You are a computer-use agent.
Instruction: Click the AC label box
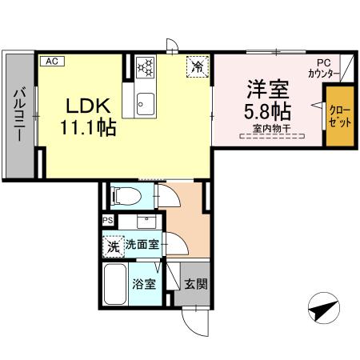coord(50,61)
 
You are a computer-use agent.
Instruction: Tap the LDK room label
coord(83,106)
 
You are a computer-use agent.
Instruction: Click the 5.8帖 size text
coord(266,110)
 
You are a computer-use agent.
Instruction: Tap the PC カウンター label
coord(323,69)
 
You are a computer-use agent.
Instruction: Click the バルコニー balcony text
coord(18,117)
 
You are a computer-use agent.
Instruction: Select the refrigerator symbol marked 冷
coord(196,66)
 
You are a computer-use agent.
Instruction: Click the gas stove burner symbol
coord(145,66)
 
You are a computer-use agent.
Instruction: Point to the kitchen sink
coord(145,102)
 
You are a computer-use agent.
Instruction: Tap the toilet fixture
coord(126,194)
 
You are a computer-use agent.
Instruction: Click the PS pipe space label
coord(107,221)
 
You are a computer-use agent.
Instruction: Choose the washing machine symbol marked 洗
coord(114,246)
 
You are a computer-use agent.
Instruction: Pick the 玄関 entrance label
coord(195,284)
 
